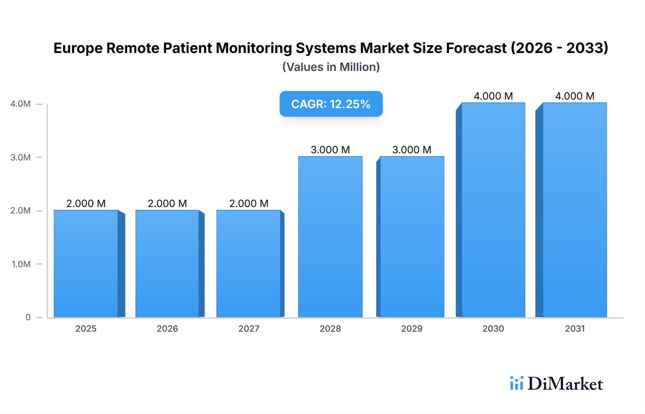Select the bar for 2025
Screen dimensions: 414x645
(86, 264)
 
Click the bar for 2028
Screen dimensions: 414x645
(330, 237)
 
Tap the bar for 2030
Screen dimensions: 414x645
(493, 210)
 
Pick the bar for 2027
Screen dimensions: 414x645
(248, 264)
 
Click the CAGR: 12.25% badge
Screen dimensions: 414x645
(331, 104)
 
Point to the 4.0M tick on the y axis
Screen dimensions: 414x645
(20, 104)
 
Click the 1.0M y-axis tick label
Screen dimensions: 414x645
(21, 264)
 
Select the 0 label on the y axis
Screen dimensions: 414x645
(28, 317)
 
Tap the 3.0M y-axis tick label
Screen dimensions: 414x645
(20, 158)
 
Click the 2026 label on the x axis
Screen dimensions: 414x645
(167, 329)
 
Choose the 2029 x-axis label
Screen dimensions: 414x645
(412, 329)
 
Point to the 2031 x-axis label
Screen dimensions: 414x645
(575, 329)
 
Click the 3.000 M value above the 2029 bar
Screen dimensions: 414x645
(412, 150)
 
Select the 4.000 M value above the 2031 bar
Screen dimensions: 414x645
(575, 96)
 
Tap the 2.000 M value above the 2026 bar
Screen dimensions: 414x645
(167, 203)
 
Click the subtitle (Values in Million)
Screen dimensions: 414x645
(331, 67)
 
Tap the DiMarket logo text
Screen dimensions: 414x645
(565, 384)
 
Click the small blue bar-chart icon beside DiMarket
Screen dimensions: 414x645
(516, 383)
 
